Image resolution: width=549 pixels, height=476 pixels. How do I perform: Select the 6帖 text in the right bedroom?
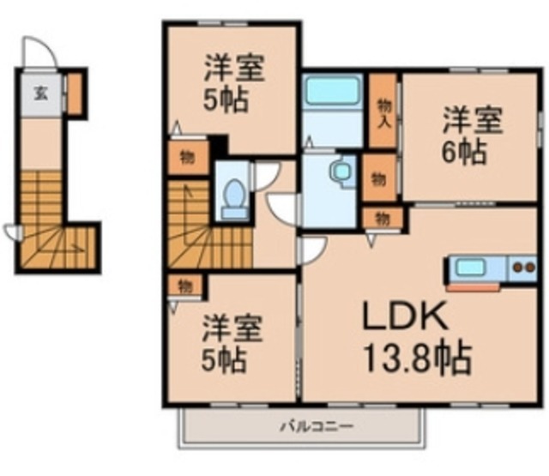point(464,153)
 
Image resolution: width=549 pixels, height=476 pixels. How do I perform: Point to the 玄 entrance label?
point(40,93)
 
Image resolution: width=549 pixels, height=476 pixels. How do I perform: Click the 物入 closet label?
point(383,111)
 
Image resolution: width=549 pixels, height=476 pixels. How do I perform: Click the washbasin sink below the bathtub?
point(340,172)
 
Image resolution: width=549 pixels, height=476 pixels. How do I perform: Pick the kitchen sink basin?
point(470,268)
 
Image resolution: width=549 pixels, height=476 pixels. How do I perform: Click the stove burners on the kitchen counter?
point(521,268)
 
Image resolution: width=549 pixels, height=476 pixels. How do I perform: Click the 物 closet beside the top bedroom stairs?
point(186,158)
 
